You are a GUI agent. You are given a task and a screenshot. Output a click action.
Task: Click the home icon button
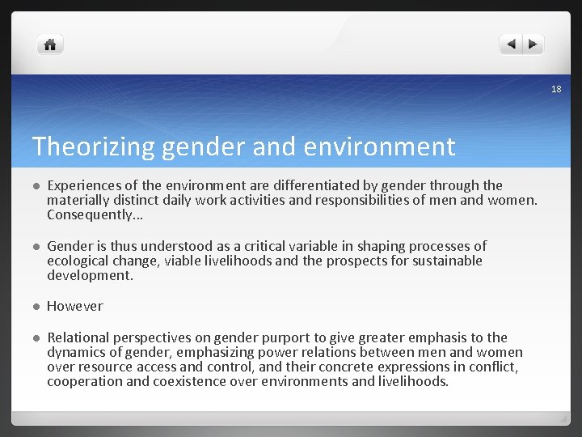point(50,45)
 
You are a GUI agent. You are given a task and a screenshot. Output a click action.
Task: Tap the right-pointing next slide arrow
point(533,45)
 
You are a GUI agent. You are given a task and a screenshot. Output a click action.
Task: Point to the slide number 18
point(555,89)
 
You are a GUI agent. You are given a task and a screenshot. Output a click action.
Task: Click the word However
point(75,306)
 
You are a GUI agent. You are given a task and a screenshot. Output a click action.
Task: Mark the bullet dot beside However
point(36,307)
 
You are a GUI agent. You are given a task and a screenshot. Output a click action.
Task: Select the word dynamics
point(78,352)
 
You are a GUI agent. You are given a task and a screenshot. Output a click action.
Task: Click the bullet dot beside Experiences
point(36,186)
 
